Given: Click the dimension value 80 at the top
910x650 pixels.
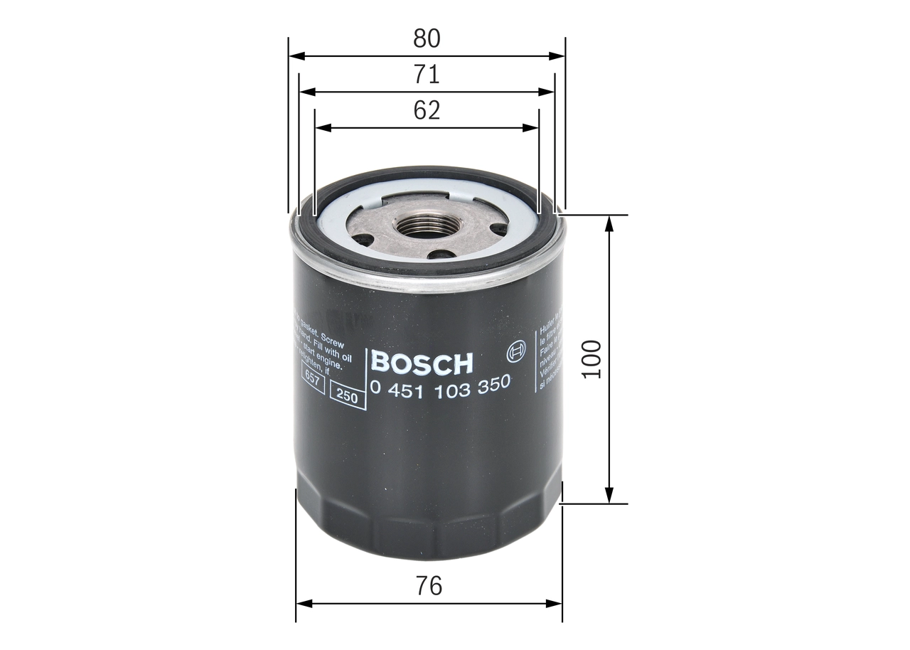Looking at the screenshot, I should click(x=427, y=38).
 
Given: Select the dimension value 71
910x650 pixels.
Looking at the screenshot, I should click(x=427, y=75).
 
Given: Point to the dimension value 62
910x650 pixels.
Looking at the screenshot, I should click(x=427, y=111).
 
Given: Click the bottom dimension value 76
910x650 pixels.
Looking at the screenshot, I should click(x=429, y=586).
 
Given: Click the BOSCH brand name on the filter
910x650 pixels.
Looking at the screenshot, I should click(x=422, y=363).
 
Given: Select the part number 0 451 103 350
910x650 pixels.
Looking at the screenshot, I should click(x=440, y=384).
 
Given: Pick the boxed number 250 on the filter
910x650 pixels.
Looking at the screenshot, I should click(x=347, y=397).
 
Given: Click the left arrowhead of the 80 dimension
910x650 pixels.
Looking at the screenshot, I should click(x=294, y=55).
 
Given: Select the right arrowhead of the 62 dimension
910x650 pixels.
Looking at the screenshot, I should click(x=533, y=128).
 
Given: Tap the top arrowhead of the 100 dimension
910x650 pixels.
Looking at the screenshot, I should click(x=609, y=221).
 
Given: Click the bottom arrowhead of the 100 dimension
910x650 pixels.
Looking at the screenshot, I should click(x=609, y=496).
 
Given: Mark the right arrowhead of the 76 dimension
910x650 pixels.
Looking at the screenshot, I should click(x=557, y=604).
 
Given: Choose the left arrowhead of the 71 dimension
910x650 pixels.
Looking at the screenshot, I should click(x=305, y=92).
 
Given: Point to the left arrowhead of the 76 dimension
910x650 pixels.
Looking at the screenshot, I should click(x=302, y=604).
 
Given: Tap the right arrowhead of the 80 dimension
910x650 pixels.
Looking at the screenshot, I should click(x=559, y=55).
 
